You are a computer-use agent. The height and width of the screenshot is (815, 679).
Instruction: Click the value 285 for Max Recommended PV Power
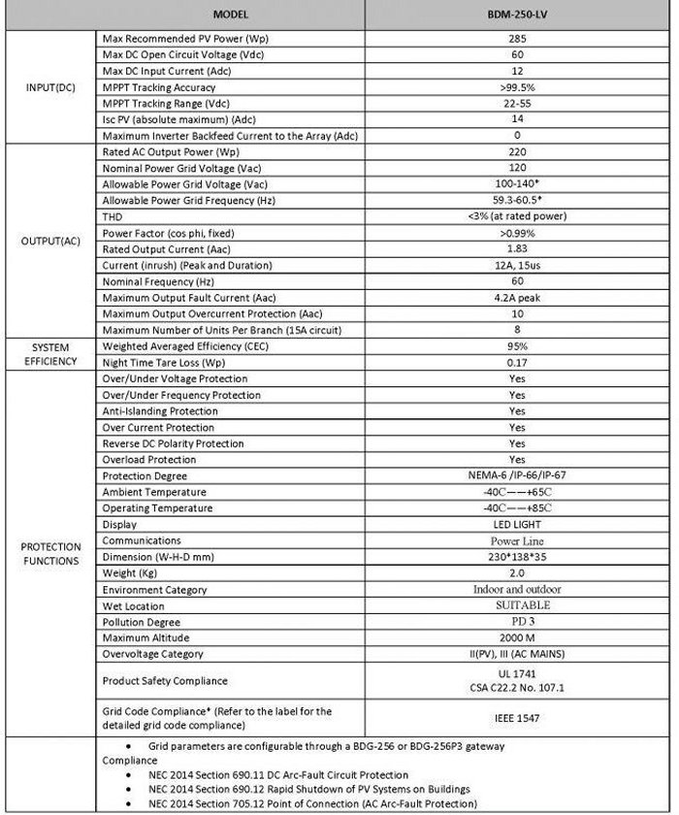point(516,38)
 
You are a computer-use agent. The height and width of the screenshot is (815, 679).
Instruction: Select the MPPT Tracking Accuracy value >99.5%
point(516,86)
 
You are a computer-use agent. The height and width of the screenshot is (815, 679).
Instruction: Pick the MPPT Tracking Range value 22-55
point(516,103)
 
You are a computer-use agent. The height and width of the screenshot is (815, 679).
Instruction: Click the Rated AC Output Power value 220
point(516,152)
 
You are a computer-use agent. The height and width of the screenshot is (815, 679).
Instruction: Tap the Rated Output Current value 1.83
point(516,249)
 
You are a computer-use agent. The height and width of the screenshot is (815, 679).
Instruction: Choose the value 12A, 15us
point(516,265)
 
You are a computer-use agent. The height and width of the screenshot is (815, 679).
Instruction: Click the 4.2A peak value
point(516,298)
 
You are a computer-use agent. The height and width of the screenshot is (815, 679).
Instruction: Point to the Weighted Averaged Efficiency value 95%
point(516,346)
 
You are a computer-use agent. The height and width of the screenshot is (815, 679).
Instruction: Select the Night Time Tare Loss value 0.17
point(516,362)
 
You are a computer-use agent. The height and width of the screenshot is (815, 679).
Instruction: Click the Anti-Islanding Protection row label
point(160,411)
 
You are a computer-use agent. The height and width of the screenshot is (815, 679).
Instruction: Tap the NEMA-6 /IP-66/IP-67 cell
point(516,476)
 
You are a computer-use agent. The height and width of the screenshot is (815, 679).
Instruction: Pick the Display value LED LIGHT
point(516,525)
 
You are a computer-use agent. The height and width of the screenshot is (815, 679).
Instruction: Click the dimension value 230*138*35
point(516,557)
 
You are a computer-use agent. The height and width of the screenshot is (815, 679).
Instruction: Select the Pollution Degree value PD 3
point(516,622)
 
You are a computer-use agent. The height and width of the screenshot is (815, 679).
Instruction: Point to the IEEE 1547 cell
point(516,718)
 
